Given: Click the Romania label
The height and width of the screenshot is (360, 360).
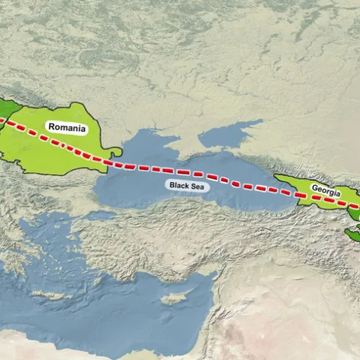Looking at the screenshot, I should [67, 129].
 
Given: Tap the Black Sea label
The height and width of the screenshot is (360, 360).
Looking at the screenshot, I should [186, 185].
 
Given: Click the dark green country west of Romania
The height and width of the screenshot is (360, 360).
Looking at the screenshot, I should [6, 112].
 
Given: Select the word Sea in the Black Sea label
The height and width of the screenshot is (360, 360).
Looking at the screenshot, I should [197, 185].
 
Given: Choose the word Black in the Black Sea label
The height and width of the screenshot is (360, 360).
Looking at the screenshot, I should [179, 185].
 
